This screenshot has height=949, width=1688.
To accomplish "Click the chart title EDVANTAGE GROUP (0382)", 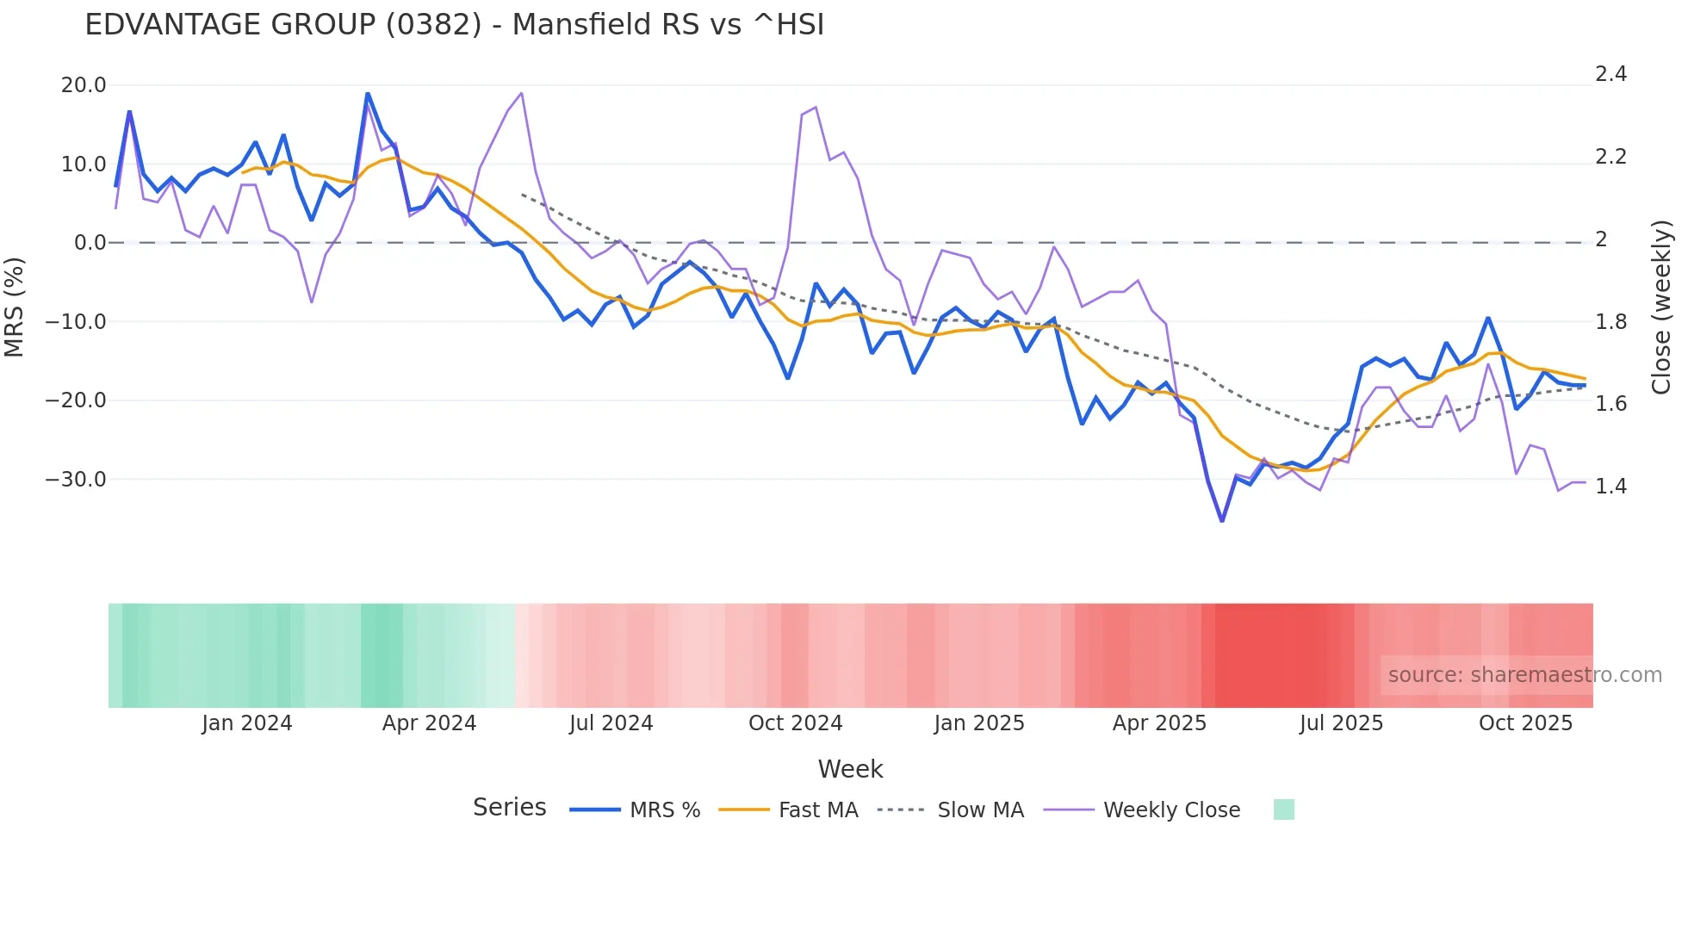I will [x=454, y=25].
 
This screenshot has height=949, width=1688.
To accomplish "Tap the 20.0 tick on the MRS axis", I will [x=84, y=85].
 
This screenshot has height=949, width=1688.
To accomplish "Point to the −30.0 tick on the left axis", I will [x=76, y=480].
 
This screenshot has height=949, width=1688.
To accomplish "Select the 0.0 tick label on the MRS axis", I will [x=90, y=243].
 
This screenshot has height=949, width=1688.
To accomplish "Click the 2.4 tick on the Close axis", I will [x=1610, y=74].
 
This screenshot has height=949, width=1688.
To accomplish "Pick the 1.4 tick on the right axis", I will [x=1610, y=487].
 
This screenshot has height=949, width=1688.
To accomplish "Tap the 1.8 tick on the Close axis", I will [x=1610, y=322].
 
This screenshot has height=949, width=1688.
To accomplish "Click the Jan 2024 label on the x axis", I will [x=247, y=723].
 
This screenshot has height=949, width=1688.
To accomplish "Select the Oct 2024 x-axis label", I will [x=795, y=723].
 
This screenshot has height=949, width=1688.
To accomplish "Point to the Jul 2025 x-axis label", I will [x=1341, y=723].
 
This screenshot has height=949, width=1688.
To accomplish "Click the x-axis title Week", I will [x=850, y=769].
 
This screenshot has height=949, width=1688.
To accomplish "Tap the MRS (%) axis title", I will [x=15, y=307].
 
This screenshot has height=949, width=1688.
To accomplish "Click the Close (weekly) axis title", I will [x=1661, y=307].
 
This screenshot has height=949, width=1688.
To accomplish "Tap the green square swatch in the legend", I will [x=1283, y=809].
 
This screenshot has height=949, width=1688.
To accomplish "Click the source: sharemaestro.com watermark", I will [x=1524, y=675].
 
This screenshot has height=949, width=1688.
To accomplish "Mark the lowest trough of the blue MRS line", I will [x=1222, y=520].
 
